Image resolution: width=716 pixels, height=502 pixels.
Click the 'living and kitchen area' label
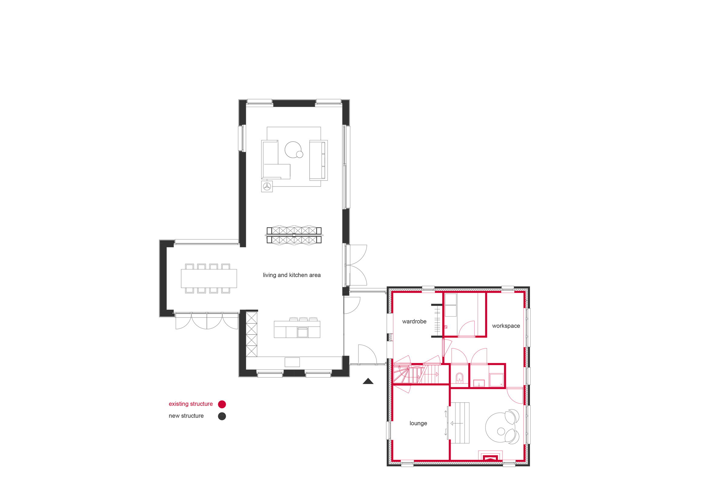pos(292,275)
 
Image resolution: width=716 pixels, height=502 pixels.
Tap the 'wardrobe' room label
pos(414,322)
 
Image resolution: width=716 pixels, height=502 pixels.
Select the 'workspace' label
pos(506,326)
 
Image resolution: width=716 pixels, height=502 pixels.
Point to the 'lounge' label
pos(418,423)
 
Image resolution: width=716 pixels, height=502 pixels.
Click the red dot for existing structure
pos(222,404)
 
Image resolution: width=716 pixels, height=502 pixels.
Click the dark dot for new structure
pos(222,416)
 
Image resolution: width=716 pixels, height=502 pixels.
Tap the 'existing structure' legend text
pos(191,404)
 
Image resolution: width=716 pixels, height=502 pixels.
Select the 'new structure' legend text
pos(186,416)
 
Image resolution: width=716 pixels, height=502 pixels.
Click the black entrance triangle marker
pos(368,381)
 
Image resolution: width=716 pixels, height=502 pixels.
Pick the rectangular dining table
pos(209,279)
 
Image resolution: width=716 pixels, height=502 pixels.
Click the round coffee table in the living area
pos(293,150)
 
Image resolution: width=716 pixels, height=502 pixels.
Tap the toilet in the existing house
pos(459,378)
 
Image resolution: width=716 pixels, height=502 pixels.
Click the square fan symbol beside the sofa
pos(267,187)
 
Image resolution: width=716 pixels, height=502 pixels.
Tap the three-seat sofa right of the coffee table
pos(318,160)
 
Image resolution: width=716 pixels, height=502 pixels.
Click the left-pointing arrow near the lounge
pos(456,423)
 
